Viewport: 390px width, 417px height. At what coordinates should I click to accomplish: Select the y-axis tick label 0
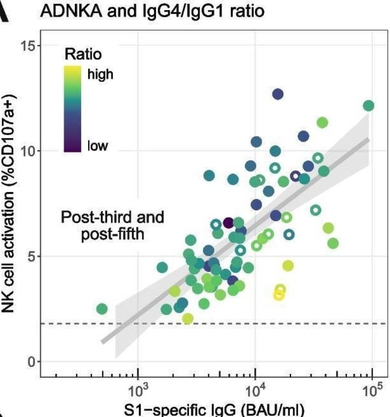coord(34,361)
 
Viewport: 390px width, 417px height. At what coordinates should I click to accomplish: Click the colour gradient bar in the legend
coord(73,108)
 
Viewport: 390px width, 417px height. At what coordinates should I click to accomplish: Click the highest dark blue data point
coord(277,94)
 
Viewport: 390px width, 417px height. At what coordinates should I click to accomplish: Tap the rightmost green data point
coord(368,106)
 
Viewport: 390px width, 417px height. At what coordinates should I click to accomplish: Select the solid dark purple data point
coord(228,223)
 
